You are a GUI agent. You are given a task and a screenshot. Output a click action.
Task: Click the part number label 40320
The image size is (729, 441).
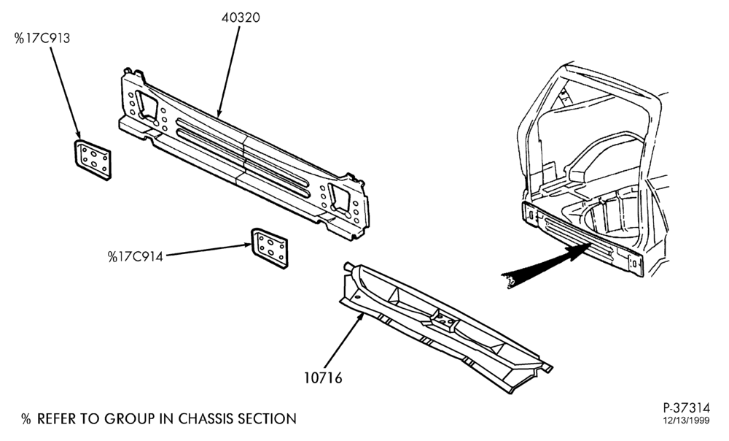(241, 18)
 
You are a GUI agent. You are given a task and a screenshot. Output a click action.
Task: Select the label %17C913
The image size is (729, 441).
(42, 38)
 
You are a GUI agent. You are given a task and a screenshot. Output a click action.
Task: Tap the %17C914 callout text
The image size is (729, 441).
(136, 256)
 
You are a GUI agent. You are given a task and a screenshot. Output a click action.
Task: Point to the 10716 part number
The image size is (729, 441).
(323, 377)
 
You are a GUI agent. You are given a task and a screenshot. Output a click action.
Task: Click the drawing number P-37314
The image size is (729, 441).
(686, 408)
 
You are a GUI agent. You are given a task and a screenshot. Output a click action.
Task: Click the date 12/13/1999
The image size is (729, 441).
(686, 421)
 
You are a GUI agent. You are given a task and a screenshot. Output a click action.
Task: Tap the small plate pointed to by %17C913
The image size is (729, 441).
(93, 160)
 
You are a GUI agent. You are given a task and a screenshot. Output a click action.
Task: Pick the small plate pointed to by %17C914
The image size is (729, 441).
(270, 248)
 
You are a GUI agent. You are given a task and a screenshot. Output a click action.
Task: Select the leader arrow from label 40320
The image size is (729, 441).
(228, 72)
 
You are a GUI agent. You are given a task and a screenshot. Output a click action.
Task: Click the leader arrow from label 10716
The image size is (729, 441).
(343, 341)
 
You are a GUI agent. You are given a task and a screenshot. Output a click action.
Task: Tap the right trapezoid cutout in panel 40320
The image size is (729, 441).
(339, 199)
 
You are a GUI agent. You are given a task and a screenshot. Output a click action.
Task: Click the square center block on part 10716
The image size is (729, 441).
(444, 321)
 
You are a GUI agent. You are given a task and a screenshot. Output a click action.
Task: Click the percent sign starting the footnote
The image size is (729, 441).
(26, 419)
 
